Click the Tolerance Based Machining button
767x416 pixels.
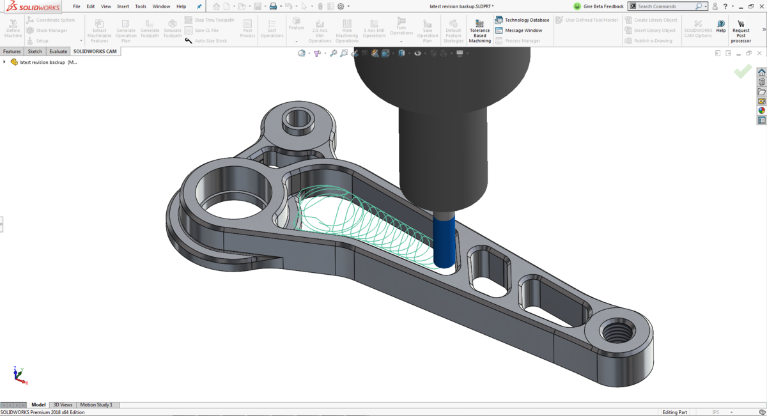(x=479, y=30)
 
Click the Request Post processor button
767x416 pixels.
(x=741, y=30)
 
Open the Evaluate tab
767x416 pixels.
(x=58, y=51)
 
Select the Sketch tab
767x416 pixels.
(x=35, y=51)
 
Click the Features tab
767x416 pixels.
(x=12, y=51)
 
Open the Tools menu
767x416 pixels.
(x=141, y=6)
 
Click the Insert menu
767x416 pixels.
(x=123, y=6)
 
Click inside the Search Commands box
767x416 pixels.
(x=665, y=6)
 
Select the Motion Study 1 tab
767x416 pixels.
(x=96, y=404)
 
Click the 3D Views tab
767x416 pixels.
(x=63, y=404)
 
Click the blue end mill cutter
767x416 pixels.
(x=444, y=240)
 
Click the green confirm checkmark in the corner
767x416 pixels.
(x=743, y=71)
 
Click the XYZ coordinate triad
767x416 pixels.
(x=19, y=375)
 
